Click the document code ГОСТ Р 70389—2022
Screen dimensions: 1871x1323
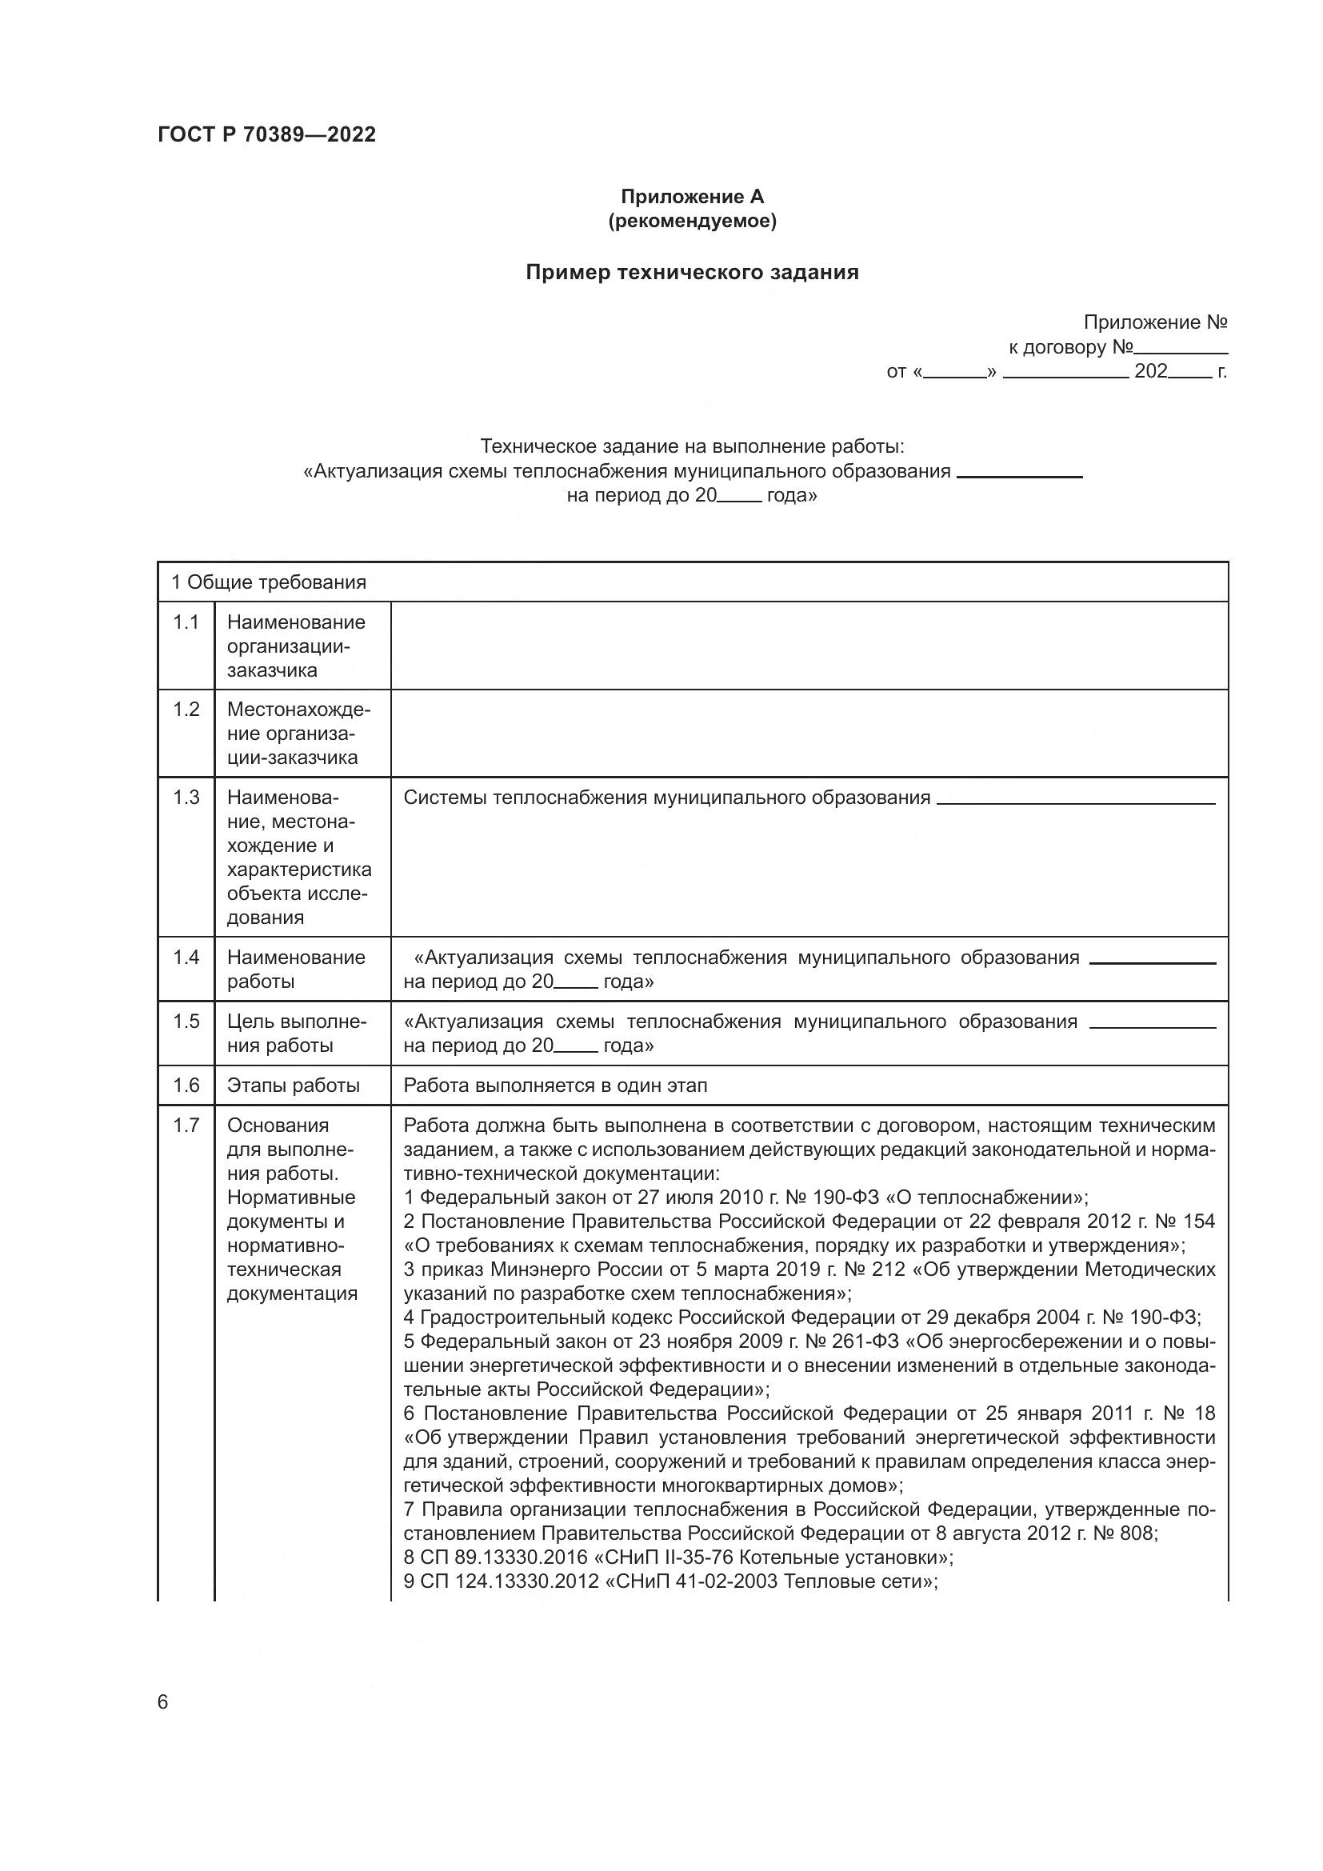point(266,134)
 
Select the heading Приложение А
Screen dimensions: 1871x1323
point(692,197)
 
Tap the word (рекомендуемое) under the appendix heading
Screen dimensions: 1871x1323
point(692,221)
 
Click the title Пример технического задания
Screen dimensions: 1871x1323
point(692,272)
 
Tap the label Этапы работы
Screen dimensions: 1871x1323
point(294,1085)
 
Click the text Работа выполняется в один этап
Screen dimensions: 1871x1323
point(556,1085)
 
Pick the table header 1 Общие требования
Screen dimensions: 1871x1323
point(269,582)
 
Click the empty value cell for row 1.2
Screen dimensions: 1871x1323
point(808,734)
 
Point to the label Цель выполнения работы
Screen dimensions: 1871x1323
point(297,1033)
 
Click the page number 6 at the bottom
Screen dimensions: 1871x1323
point(163,1701)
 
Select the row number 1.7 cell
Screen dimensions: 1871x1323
point(186,1125)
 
